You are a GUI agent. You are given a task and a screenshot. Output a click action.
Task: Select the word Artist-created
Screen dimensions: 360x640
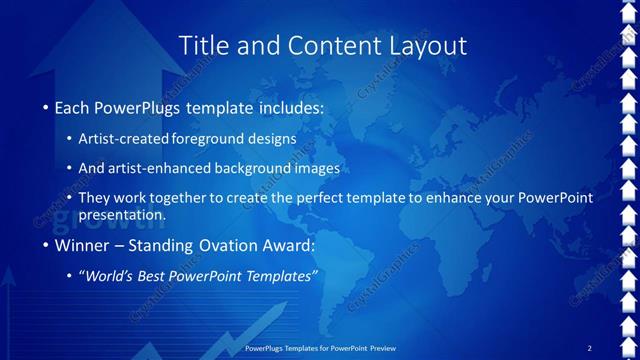[124, 138]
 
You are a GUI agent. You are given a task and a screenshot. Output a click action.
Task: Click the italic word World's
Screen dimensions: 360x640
[111, 276]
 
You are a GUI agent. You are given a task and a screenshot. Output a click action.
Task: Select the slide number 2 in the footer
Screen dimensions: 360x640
[589, 348]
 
